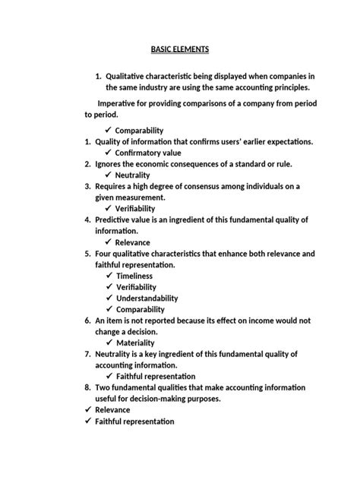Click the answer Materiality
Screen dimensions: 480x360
tap(138, 343)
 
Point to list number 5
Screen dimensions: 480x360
tap(88, 254)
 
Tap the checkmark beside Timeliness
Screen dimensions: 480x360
tap(109, 276)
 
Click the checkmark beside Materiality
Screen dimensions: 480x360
tap(109, 343)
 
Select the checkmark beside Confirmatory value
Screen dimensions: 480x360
tap(109, 153)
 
